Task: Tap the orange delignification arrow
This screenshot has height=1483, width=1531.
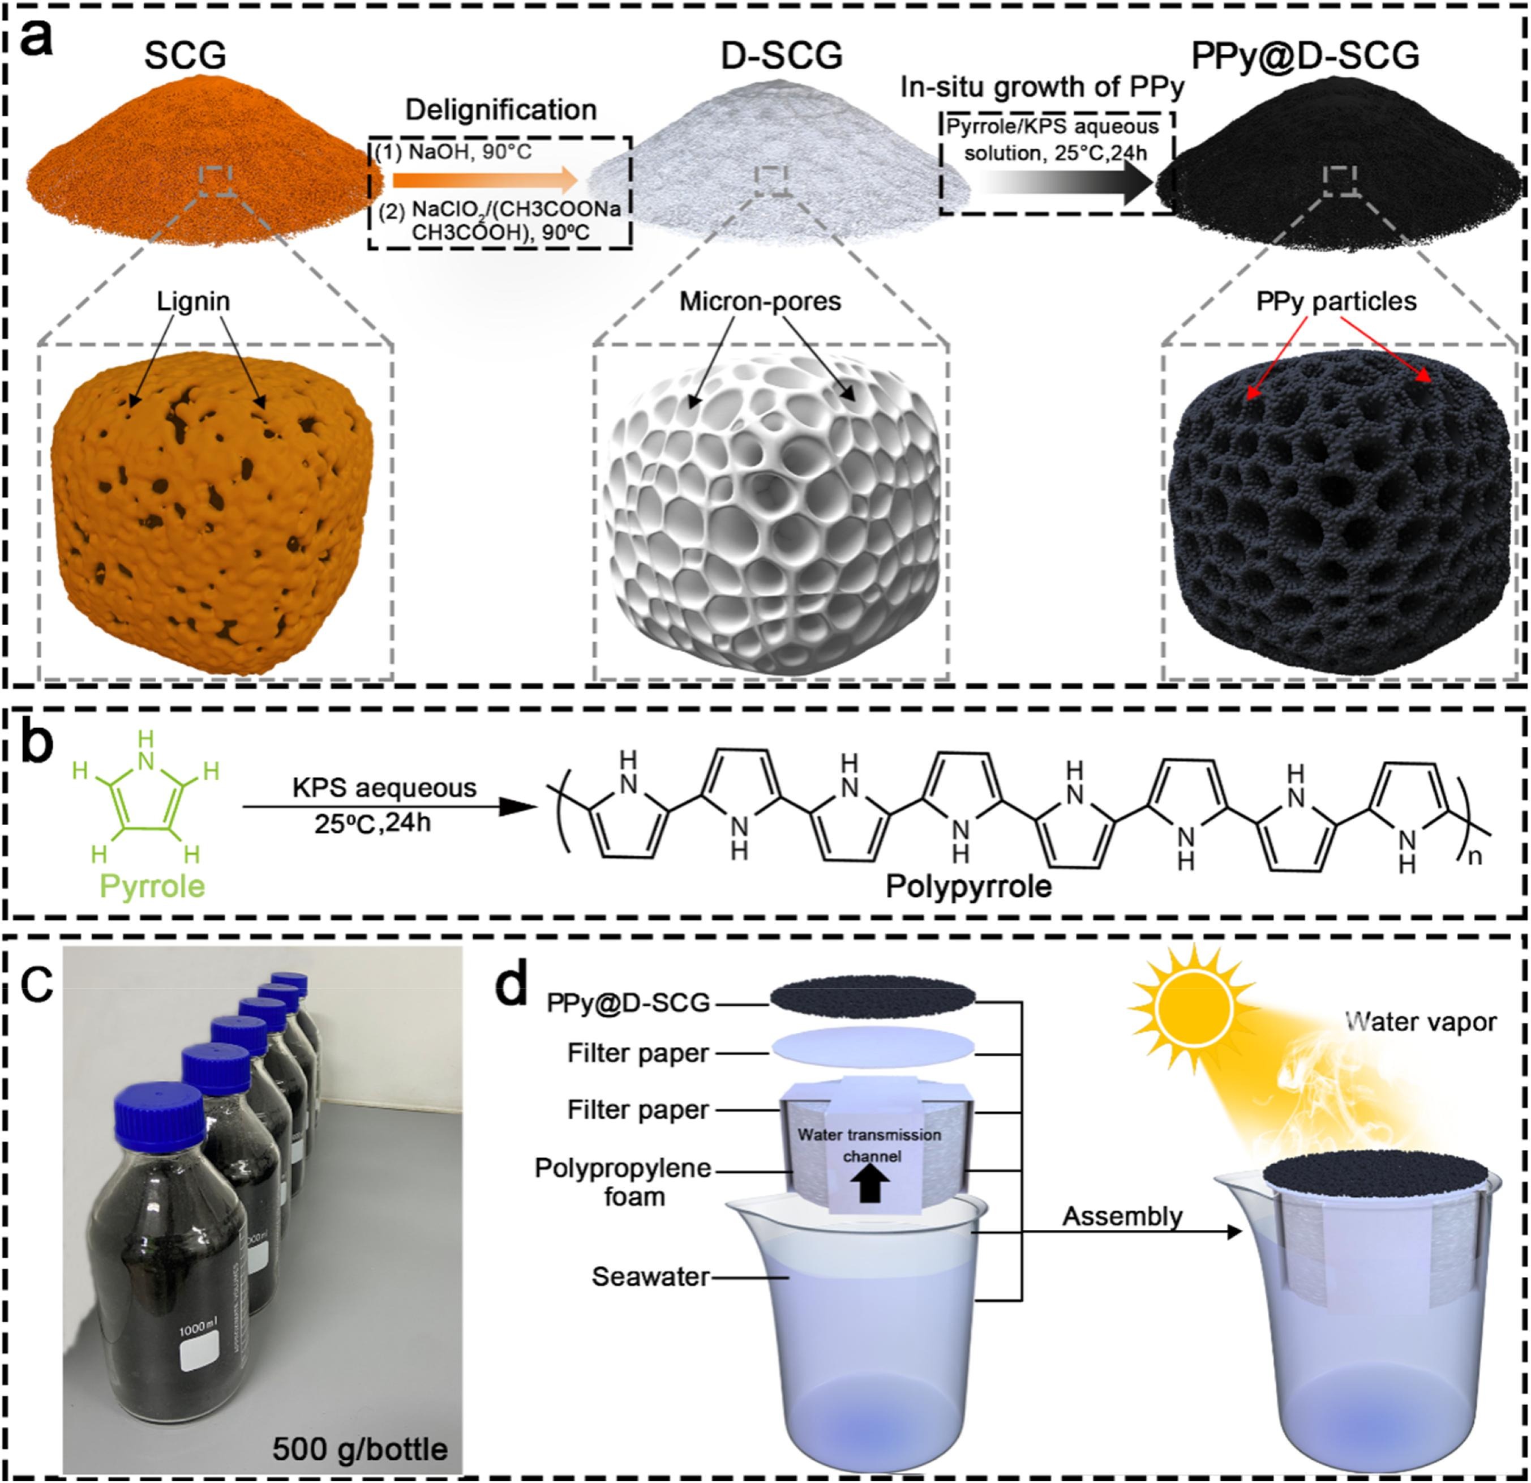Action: tap(484, 181)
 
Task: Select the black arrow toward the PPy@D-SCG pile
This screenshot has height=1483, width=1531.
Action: tap(1066, 185)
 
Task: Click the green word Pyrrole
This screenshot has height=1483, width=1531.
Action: tap(152, 886)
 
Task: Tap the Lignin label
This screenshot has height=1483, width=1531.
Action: tap(193, 302)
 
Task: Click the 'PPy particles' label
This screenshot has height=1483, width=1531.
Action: tap(1336, 302)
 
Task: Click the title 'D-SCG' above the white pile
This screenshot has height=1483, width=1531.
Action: tap(781, 56)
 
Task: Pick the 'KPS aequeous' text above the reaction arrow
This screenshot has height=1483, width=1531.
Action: tap(384, 788)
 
